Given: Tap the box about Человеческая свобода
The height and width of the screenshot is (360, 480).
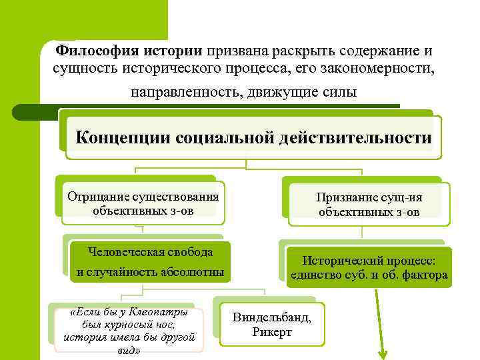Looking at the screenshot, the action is pos(149,261).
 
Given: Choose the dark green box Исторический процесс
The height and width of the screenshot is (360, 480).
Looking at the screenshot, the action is pos(369,267).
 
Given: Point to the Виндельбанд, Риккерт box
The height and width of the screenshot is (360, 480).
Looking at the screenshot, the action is pos(272,324).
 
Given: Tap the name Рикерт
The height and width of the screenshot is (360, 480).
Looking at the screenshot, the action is pos(272,332).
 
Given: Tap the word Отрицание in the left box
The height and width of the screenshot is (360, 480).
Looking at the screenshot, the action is pos(95,196).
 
